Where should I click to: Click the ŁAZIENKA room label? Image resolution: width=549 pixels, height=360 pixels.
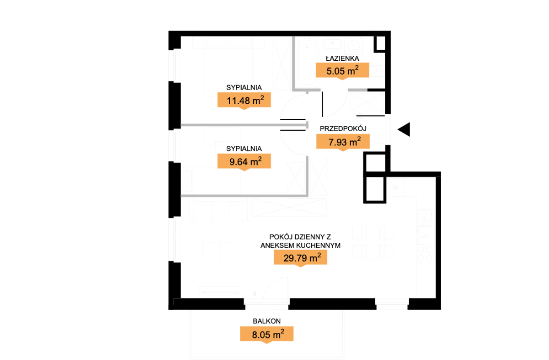[342, 58]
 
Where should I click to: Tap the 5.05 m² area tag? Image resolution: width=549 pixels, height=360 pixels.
[342, 70]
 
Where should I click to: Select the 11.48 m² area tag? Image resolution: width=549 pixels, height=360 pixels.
[244, 100]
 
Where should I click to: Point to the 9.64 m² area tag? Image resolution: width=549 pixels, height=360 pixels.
[244, 161]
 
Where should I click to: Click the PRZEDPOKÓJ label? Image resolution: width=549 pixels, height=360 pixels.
[343, 128]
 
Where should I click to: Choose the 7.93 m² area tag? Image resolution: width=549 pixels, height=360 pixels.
[343, 142]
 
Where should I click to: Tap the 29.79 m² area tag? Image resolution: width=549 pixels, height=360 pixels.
[300, 258]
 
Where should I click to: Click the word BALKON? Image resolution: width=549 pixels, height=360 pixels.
[266, 321]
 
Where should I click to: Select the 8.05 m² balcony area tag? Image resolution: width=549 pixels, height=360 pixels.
[266, 334]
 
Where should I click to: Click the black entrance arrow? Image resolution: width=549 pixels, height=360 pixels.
[404, 129]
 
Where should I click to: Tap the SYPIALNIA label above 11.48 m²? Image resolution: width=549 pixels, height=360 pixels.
[244, 87]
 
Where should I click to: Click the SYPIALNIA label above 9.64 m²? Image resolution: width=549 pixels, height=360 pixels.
[244, 149]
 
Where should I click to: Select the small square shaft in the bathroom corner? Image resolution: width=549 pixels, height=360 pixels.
[380, 44]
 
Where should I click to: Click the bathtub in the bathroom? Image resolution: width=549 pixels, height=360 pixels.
[306, 61]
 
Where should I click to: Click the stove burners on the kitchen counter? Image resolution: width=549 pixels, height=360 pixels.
[425, 254]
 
